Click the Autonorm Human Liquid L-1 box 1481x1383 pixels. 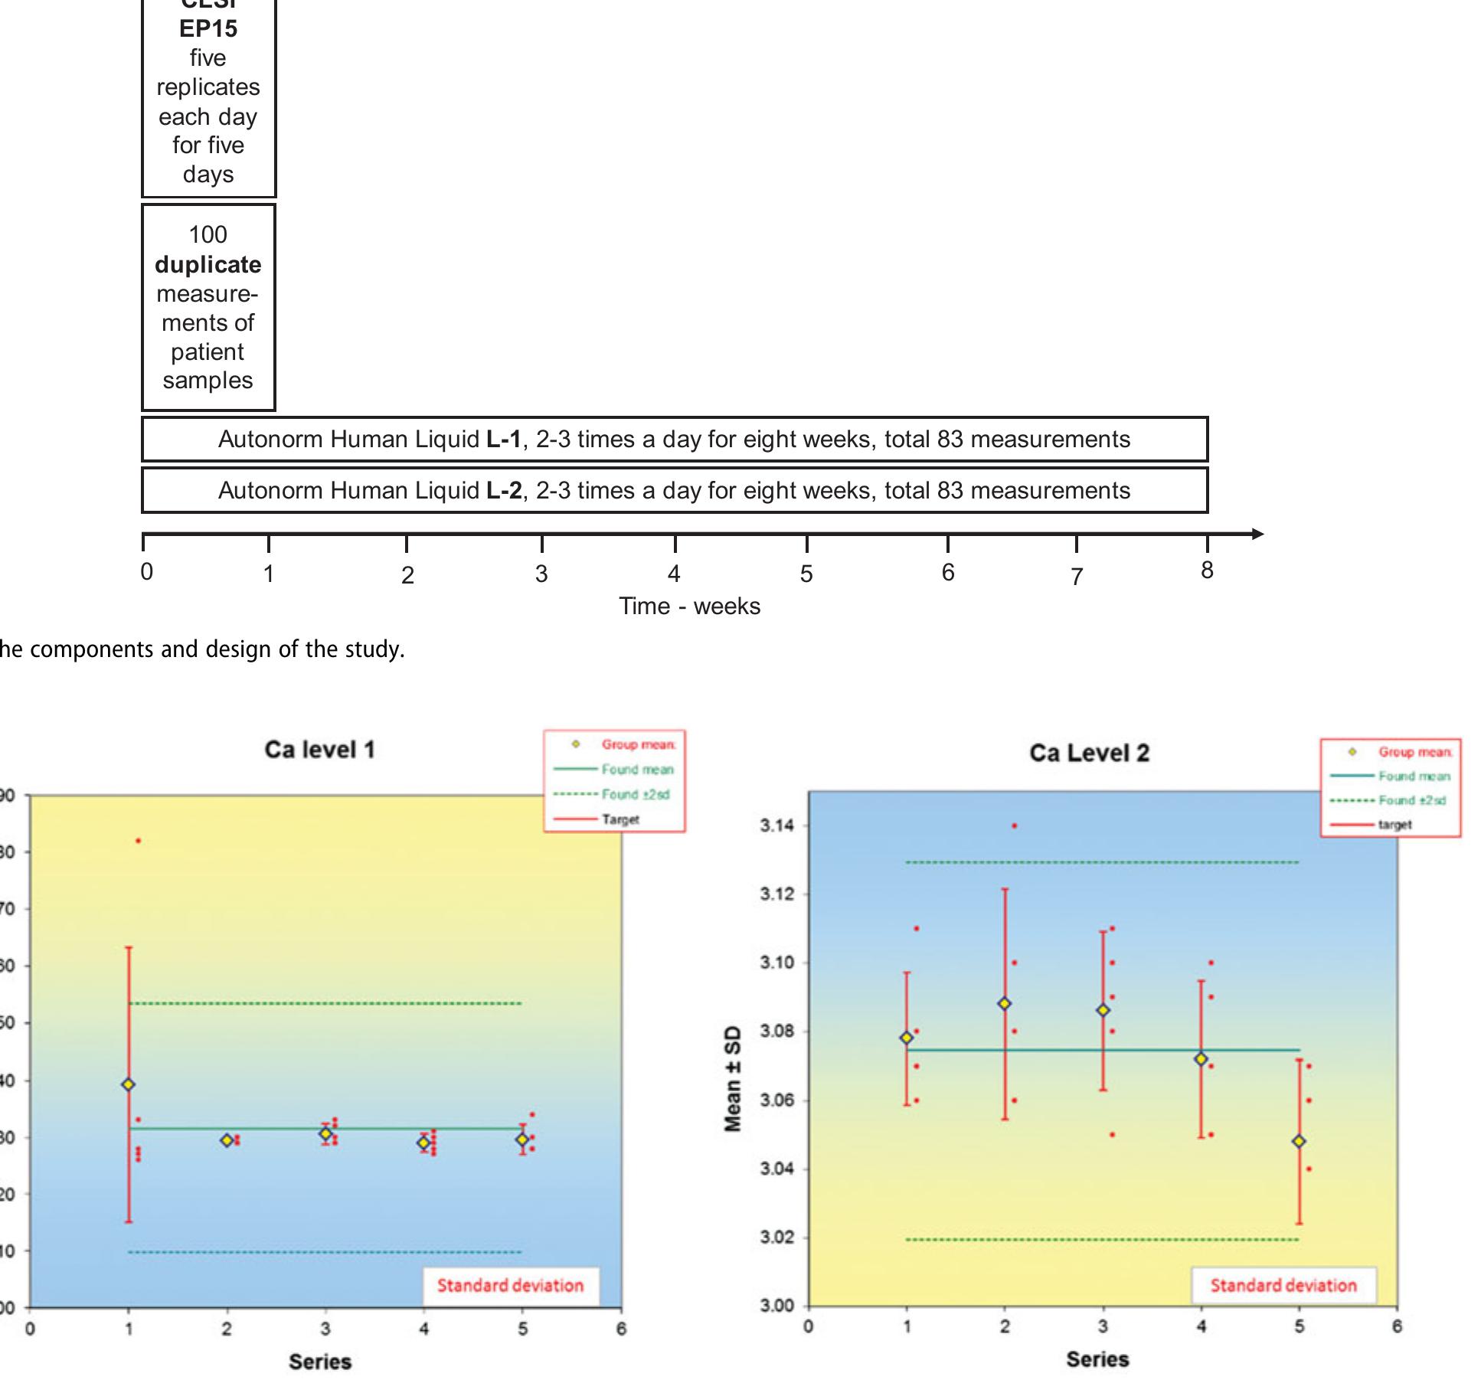coord(674,440)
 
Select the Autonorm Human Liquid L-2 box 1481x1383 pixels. coord(674,491)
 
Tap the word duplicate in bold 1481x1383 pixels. coord(208,265)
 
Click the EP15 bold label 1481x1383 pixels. coord(208,29)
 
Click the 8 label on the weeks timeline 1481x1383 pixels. coord(1207,571)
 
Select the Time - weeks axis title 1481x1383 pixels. coord(689,606)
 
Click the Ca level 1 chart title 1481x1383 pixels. coord(320,749)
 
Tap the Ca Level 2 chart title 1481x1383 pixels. coord(1089,753)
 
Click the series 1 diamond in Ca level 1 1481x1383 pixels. coord(129,1084)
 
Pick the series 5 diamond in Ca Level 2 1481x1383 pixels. coord(1299,1142)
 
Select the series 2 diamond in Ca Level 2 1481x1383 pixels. coord(1005,1004)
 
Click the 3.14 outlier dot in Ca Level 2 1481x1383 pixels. coord(1015,826)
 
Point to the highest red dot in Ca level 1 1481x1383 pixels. coord(138,841)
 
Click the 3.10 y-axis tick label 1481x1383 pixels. coord(776,963)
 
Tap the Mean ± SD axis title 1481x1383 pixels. coord(733,1078)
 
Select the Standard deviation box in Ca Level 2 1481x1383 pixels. coord(1283,1286)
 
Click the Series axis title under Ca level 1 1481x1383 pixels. coord(320,1362)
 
